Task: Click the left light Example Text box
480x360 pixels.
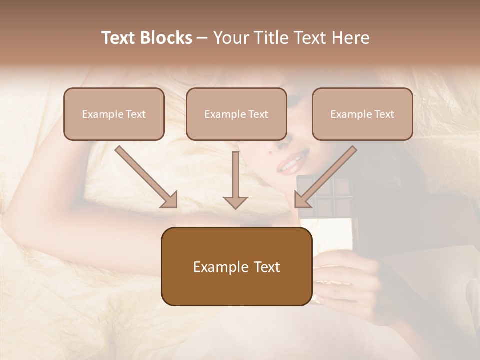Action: tap(114, 114)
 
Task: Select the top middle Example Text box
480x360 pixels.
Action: tap(236, 114)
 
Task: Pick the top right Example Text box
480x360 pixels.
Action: tap(362, 114)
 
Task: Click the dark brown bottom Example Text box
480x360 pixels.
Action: tap(236, 266)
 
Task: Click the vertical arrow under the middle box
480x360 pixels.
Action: tap(235, 180)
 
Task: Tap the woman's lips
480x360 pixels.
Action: tap(290, 164)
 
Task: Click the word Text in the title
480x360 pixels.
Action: tap(119, 38)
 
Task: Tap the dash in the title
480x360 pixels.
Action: tap(202, 38)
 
